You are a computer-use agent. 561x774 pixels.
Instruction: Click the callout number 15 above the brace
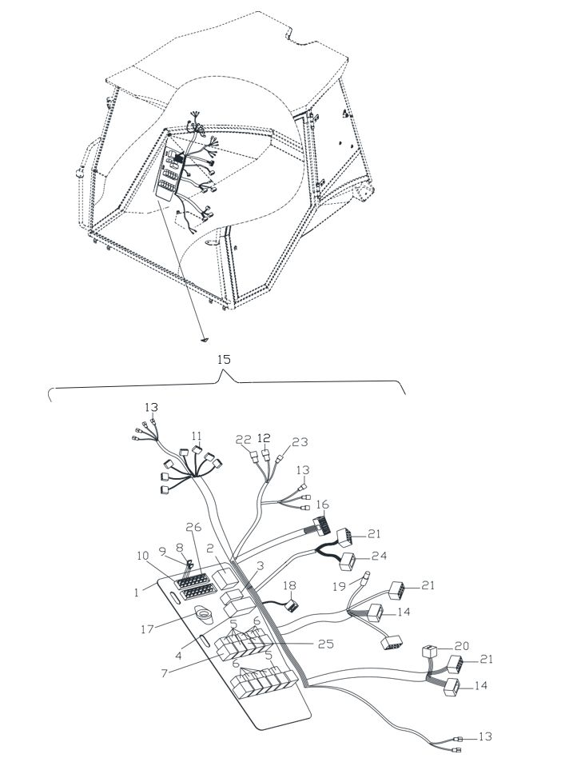pyautogui.click(x=224, y=359)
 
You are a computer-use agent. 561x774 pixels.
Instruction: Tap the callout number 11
pyautogui.click(x=197, y=436)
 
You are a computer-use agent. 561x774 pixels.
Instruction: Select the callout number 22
pyautogui.click(x=243, y=440)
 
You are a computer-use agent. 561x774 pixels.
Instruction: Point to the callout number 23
pyautogui.click(x=300, y=442)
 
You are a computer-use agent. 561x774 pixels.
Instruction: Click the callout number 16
pyautogui.click(x=322, y=505)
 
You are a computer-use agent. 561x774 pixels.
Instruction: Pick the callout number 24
pyautogui.click(x=380, y=557)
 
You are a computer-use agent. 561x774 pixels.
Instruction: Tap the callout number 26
pyautogui.click(x=194, y=527)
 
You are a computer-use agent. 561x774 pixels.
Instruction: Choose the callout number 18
pyautogui.click(x=289, y=585)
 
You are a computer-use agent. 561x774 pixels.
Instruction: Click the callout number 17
pyautogui.click(x=147, y=628)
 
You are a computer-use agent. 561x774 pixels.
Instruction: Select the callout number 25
pyautogui.click(x=325, y=644)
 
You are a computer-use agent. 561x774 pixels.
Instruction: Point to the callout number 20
pyautogui.click(x=462, y=645)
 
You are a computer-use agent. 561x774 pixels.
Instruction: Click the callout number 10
pyautogui.click(x=143, y=556)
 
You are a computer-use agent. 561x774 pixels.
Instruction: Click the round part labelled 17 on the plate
pyautogui.click(x=203, y=615)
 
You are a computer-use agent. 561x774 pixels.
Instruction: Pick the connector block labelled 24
pyautogui.click(x=348, y=562)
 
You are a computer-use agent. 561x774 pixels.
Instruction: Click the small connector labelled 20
pyautogui.click(x=430, y=651)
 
